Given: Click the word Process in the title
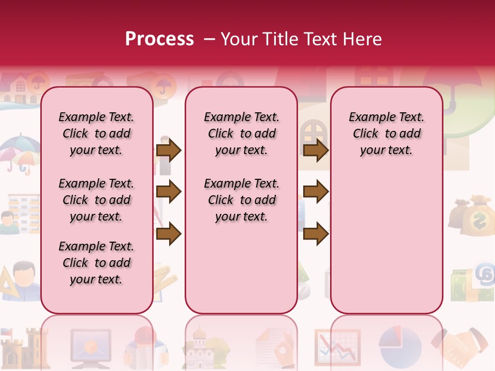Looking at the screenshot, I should click(x=159, y=39).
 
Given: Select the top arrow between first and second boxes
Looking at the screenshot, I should click(x=169, y=150).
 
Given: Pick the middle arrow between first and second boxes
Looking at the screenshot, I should click(x=169, y=192).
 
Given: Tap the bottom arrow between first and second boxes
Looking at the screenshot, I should click(x=169, y=234).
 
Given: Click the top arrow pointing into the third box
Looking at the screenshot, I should click(x=316, y=150).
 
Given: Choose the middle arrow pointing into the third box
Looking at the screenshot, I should click(x=316, y=192).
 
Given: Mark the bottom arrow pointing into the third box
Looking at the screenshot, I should click(x=316, y=234).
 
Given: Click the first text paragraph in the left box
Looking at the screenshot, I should click(x=96, y=133).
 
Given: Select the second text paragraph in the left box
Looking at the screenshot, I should click(x=96, y=200).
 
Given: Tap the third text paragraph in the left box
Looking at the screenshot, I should click(x=96, y=263).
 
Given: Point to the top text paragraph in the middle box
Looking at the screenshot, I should click(x=241, y=133).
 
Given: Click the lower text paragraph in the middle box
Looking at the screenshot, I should click(x=241, y=200).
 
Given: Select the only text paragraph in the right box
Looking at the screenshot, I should click(x=386, y=133).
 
